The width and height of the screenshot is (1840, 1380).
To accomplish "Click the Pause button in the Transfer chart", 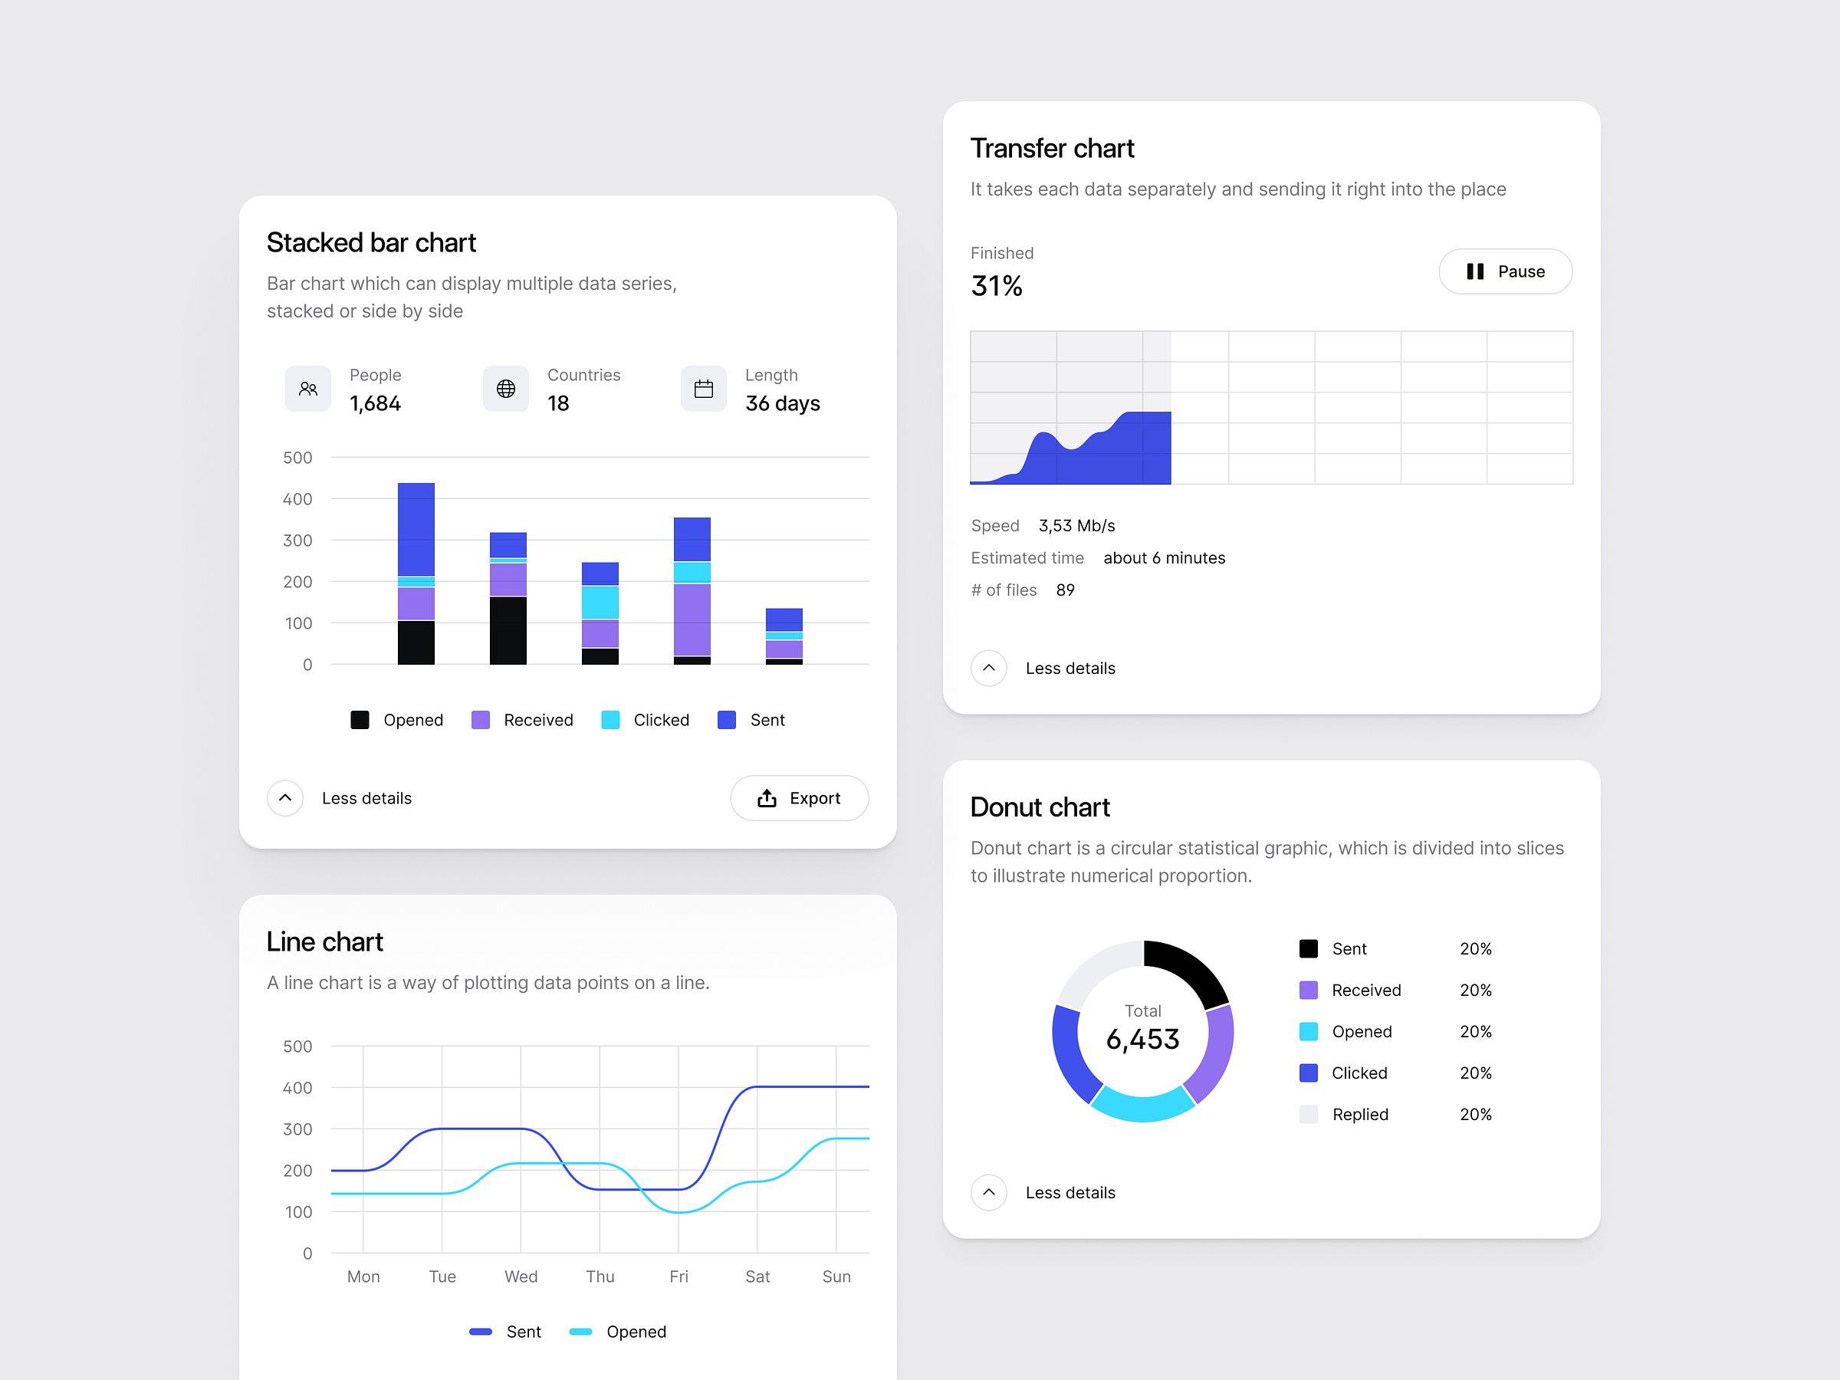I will [1505, 271].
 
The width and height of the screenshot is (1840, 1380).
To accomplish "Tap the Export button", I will [799, 799].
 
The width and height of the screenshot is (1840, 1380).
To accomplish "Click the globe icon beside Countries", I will [506, 389].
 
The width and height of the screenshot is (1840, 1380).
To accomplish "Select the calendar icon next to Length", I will [704, 389].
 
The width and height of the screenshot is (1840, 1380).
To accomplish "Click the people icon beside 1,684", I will [307, 389].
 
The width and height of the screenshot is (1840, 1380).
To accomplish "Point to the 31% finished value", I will [997, 286].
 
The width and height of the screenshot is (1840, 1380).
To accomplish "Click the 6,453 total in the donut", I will [1142, 1039].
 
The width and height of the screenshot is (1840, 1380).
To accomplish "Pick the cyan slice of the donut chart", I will [1143, 1105].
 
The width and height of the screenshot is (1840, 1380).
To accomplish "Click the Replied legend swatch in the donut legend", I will [1309, 1115].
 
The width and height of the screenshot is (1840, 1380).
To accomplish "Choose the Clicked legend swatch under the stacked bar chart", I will [610, 721].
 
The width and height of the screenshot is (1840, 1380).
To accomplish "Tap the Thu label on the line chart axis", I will [600, 1276].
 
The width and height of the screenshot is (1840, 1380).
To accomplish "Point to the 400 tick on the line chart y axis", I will [297, 1088].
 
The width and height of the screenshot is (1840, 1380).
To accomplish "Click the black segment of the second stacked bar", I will [508, 630].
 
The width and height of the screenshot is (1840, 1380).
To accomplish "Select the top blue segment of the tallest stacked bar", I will [416, 529].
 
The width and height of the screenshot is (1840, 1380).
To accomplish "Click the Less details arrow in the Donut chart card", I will [988, 1193].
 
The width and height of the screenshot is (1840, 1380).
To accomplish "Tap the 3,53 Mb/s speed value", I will [1076, 526].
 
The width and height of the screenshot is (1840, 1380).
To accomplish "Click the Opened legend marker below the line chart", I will [580, 1332].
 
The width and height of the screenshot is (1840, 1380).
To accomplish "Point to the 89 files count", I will [1065, 590].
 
